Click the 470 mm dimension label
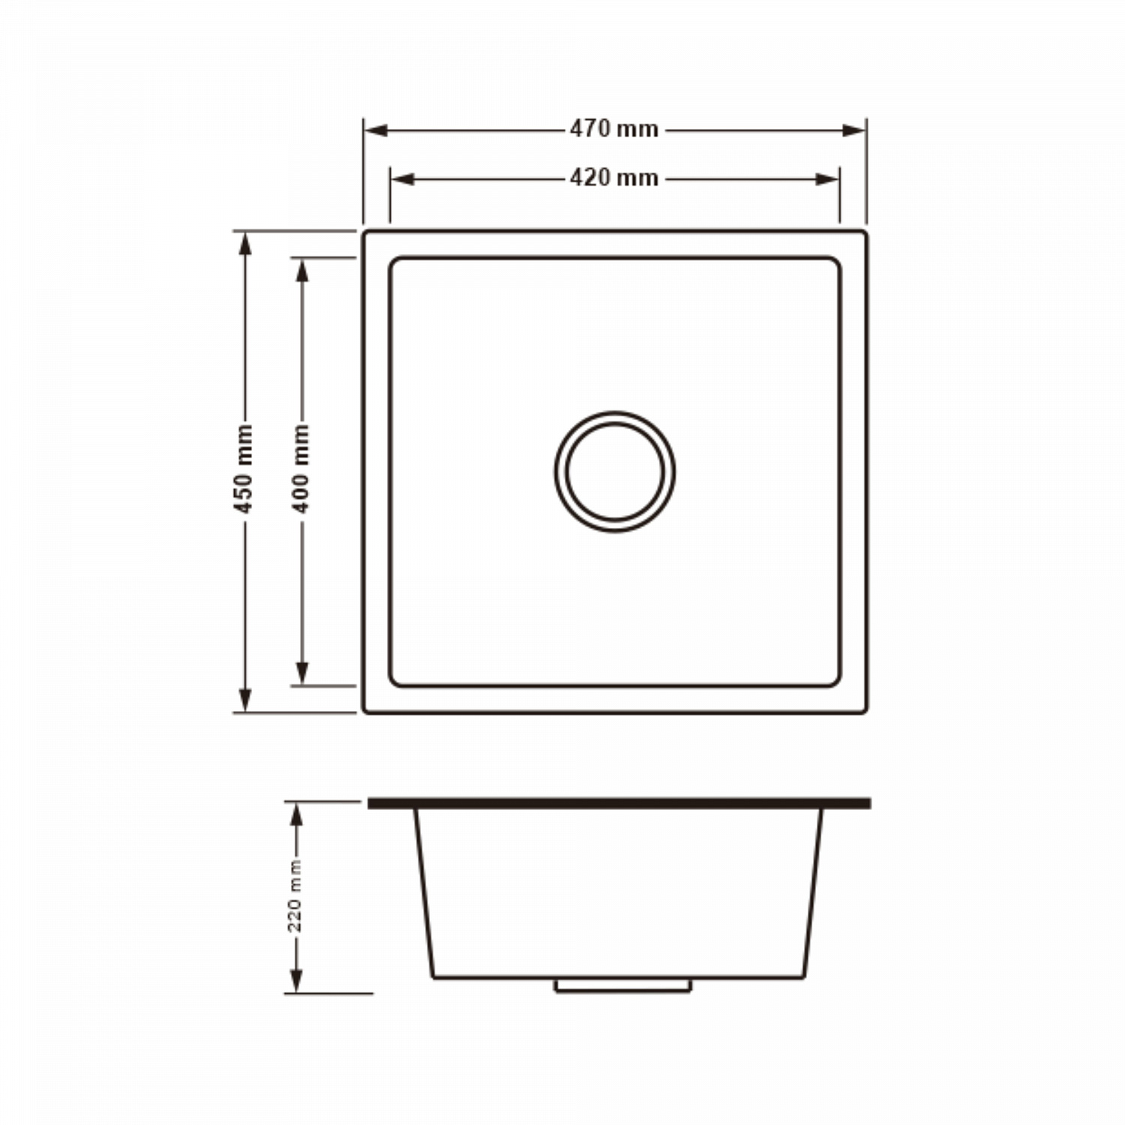[x=613, y=129]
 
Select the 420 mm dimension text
[x=613, y=178]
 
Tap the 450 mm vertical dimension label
[x=244, y=468]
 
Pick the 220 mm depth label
[x=295, y=896]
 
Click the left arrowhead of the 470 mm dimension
[x=376, y=130]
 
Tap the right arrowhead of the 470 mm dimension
[x=853, y=130]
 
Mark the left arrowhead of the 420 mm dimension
[x=403, y=179]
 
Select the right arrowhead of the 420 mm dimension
[x=826, y=179]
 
